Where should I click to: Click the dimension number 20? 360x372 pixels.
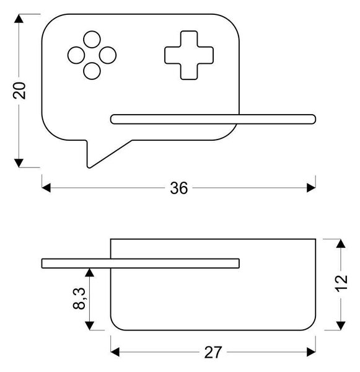point(19,91)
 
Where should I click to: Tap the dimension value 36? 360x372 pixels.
point(179,188)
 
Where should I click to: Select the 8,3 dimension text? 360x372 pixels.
point(79,298)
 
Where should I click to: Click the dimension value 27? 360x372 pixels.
point(213,353)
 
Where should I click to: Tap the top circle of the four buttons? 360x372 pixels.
point(92,40)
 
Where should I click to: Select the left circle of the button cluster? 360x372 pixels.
point(76,55)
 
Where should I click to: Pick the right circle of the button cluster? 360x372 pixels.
point(108,55)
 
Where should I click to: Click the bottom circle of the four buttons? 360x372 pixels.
point(92,71)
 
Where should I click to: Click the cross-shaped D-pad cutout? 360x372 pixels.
point(189,55)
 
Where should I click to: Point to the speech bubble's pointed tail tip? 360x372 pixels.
point(89,167)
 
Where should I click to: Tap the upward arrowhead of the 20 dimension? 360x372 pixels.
point(19,19)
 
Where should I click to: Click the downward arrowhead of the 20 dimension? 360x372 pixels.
point(19,163)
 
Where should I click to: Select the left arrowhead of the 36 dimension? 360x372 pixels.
point(46,188)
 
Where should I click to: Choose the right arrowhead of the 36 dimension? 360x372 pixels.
point(311,188)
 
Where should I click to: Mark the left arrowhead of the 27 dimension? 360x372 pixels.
point(115,352)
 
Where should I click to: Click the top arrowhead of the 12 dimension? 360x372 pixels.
point(341,244)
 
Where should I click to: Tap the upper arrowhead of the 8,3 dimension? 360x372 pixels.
point(89,273)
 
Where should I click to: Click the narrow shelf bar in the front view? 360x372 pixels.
point(213,119)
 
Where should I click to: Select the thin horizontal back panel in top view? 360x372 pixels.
point(141,263)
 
